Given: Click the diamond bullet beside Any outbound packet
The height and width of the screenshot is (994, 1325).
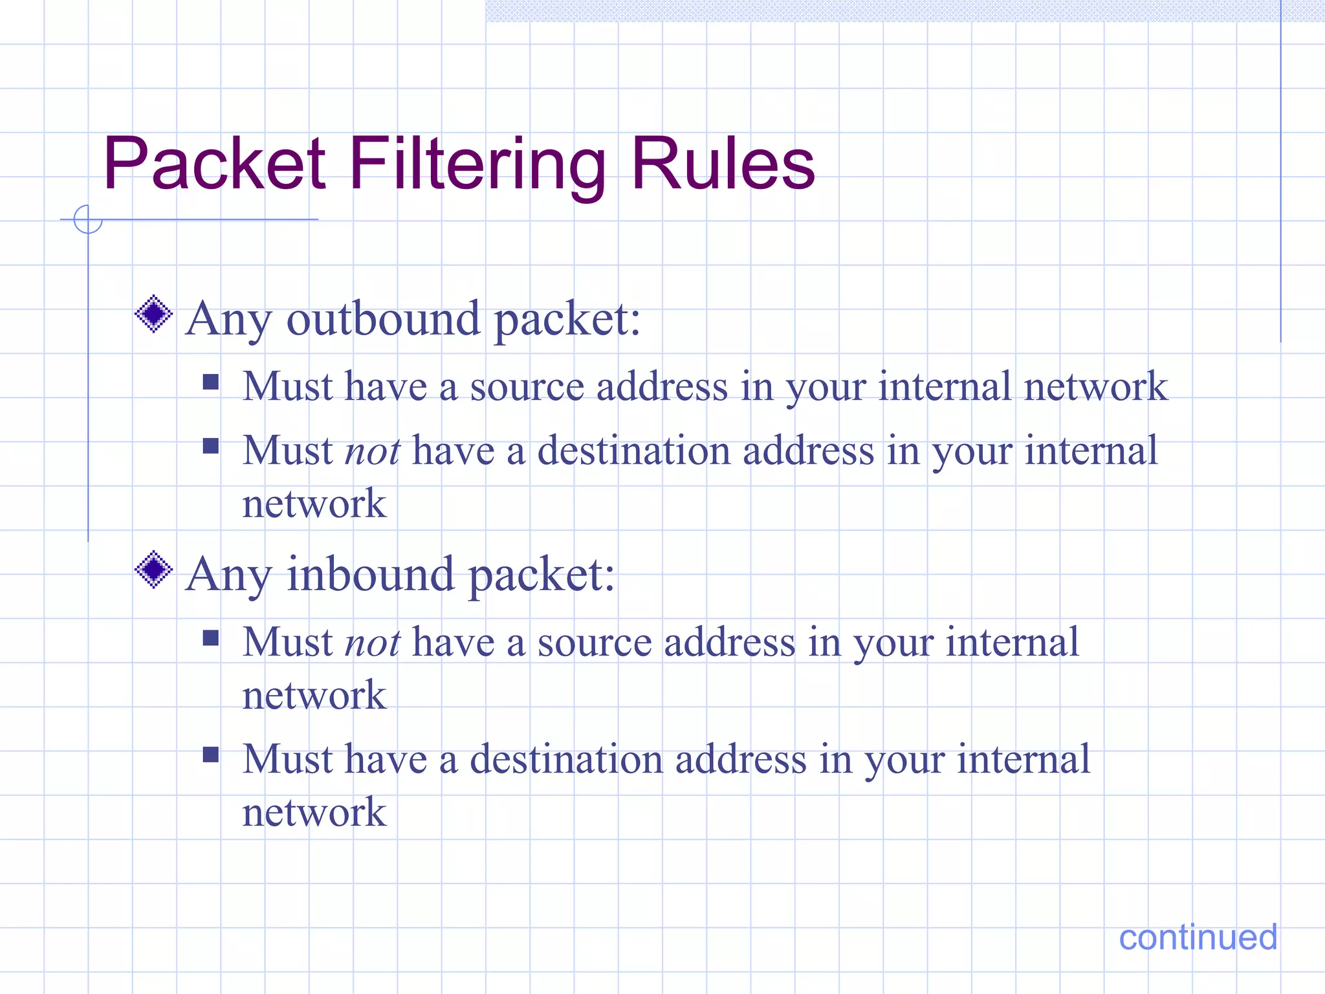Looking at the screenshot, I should pyautogui.click(x=154, y=315).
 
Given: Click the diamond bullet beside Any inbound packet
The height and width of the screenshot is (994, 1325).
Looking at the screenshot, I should pyautogui.click(x=154, y=570).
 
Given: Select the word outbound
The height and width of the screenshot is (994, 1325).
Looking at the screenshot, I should pyautogui.click(x=383, y=319).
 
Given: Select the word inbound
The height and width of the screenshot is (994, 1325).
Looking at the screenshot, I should pyautogui.click(x=370, y=575).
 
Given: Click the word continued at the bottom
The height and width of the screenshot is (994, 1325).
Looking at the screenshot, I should pyautogui.click(x=1198, y=937).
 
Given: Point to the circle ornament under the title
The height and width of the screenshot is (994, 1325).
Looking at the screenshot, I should pyautogui.click(x=87, y=219).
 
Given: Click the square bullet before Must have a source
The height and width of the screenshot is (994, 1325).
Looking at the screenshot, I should pyautogui.click(x=211, y=382).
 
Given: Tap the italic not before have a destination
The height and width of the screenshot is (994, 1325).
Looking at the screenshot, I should pyautogui.click(x=373, y=451).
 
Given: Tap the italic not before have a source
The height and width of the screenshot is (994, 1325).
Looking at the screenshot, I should pyautogui.click(x=373, y=643).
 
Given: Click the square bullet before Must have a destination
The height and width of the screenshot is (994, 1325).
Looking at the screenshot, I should pyautogui.click(x=211, y=755).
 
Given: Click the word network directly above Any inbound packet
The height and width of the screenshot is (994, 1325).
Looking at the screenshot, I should pyautogui.click(x=314, y=503).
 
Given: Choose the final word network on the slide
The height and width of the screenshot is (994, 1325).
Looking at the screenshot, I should pyautogui.click(x=314, y=812).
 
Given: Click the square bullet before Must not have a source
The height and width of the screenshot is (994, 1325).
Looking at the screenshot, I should pyautogui.click(x=211, y=639).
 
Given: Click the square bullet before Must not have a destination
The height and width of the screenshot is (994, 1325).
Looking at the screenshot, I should pyautogui.click(x=211, y=446).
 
